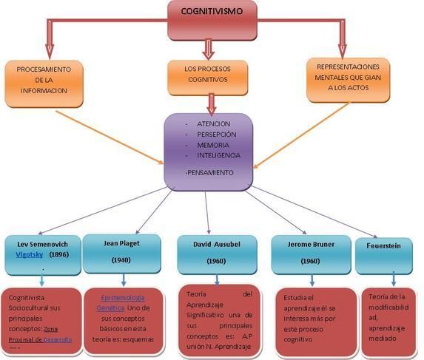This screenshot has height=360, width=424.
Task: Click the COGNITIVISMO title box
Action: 212,20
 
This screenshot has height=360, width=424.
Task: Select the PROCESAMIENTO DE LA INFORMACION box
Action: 45,80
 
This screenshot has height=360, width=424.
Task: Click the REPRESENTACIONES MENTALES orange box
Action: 347,77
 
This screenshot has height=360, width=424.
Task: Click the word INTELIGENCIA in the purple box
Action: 218,156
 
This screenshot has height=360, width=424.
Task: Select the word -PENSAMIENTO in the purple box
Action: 209,171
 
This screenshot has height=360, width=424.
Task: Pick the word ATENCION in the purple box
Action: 213,123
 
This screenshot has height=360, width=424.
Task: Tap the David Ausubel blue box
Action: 217,251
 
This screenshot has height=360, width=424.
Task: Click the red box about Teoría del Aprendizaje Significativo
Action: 219,319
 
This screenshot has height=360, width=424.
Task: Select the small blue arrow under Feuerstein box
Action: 394,279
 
